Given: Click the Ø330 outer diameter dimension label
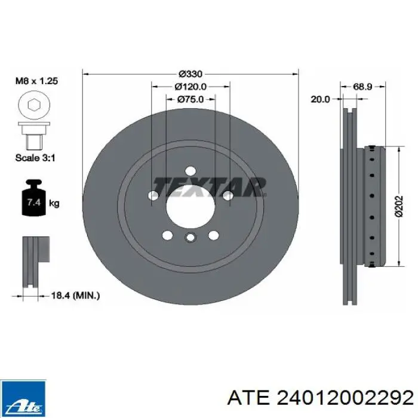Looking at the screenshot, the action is pyautogui.click(x=190, y=73).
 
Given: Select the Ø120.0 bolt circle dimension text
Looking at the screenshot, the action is pyautogui.click(x=190, y=87).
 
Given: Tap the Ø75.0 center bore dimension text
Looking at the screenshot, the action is pyautogui.click(x=190, y=100).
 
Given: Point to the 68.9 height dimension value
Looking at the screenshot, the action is pyautogui.click(x=362, y=87).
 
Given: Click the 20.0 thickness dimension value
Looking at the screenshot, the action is pyautogui.click(x=320, y=100).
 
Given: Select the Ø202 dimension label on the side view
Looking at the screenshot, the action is pyautogui.click(x=399, y=207).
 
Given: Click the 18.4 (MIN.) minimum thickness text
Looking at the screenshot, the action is pyautogui.click(x=75, y=296).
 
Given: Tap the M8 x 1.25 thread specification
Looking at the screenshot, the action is pyautogui.click(x=36, y=81).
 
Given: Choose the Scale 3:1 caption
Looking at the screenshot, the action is pyautogui.click(x=35, y=158).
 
